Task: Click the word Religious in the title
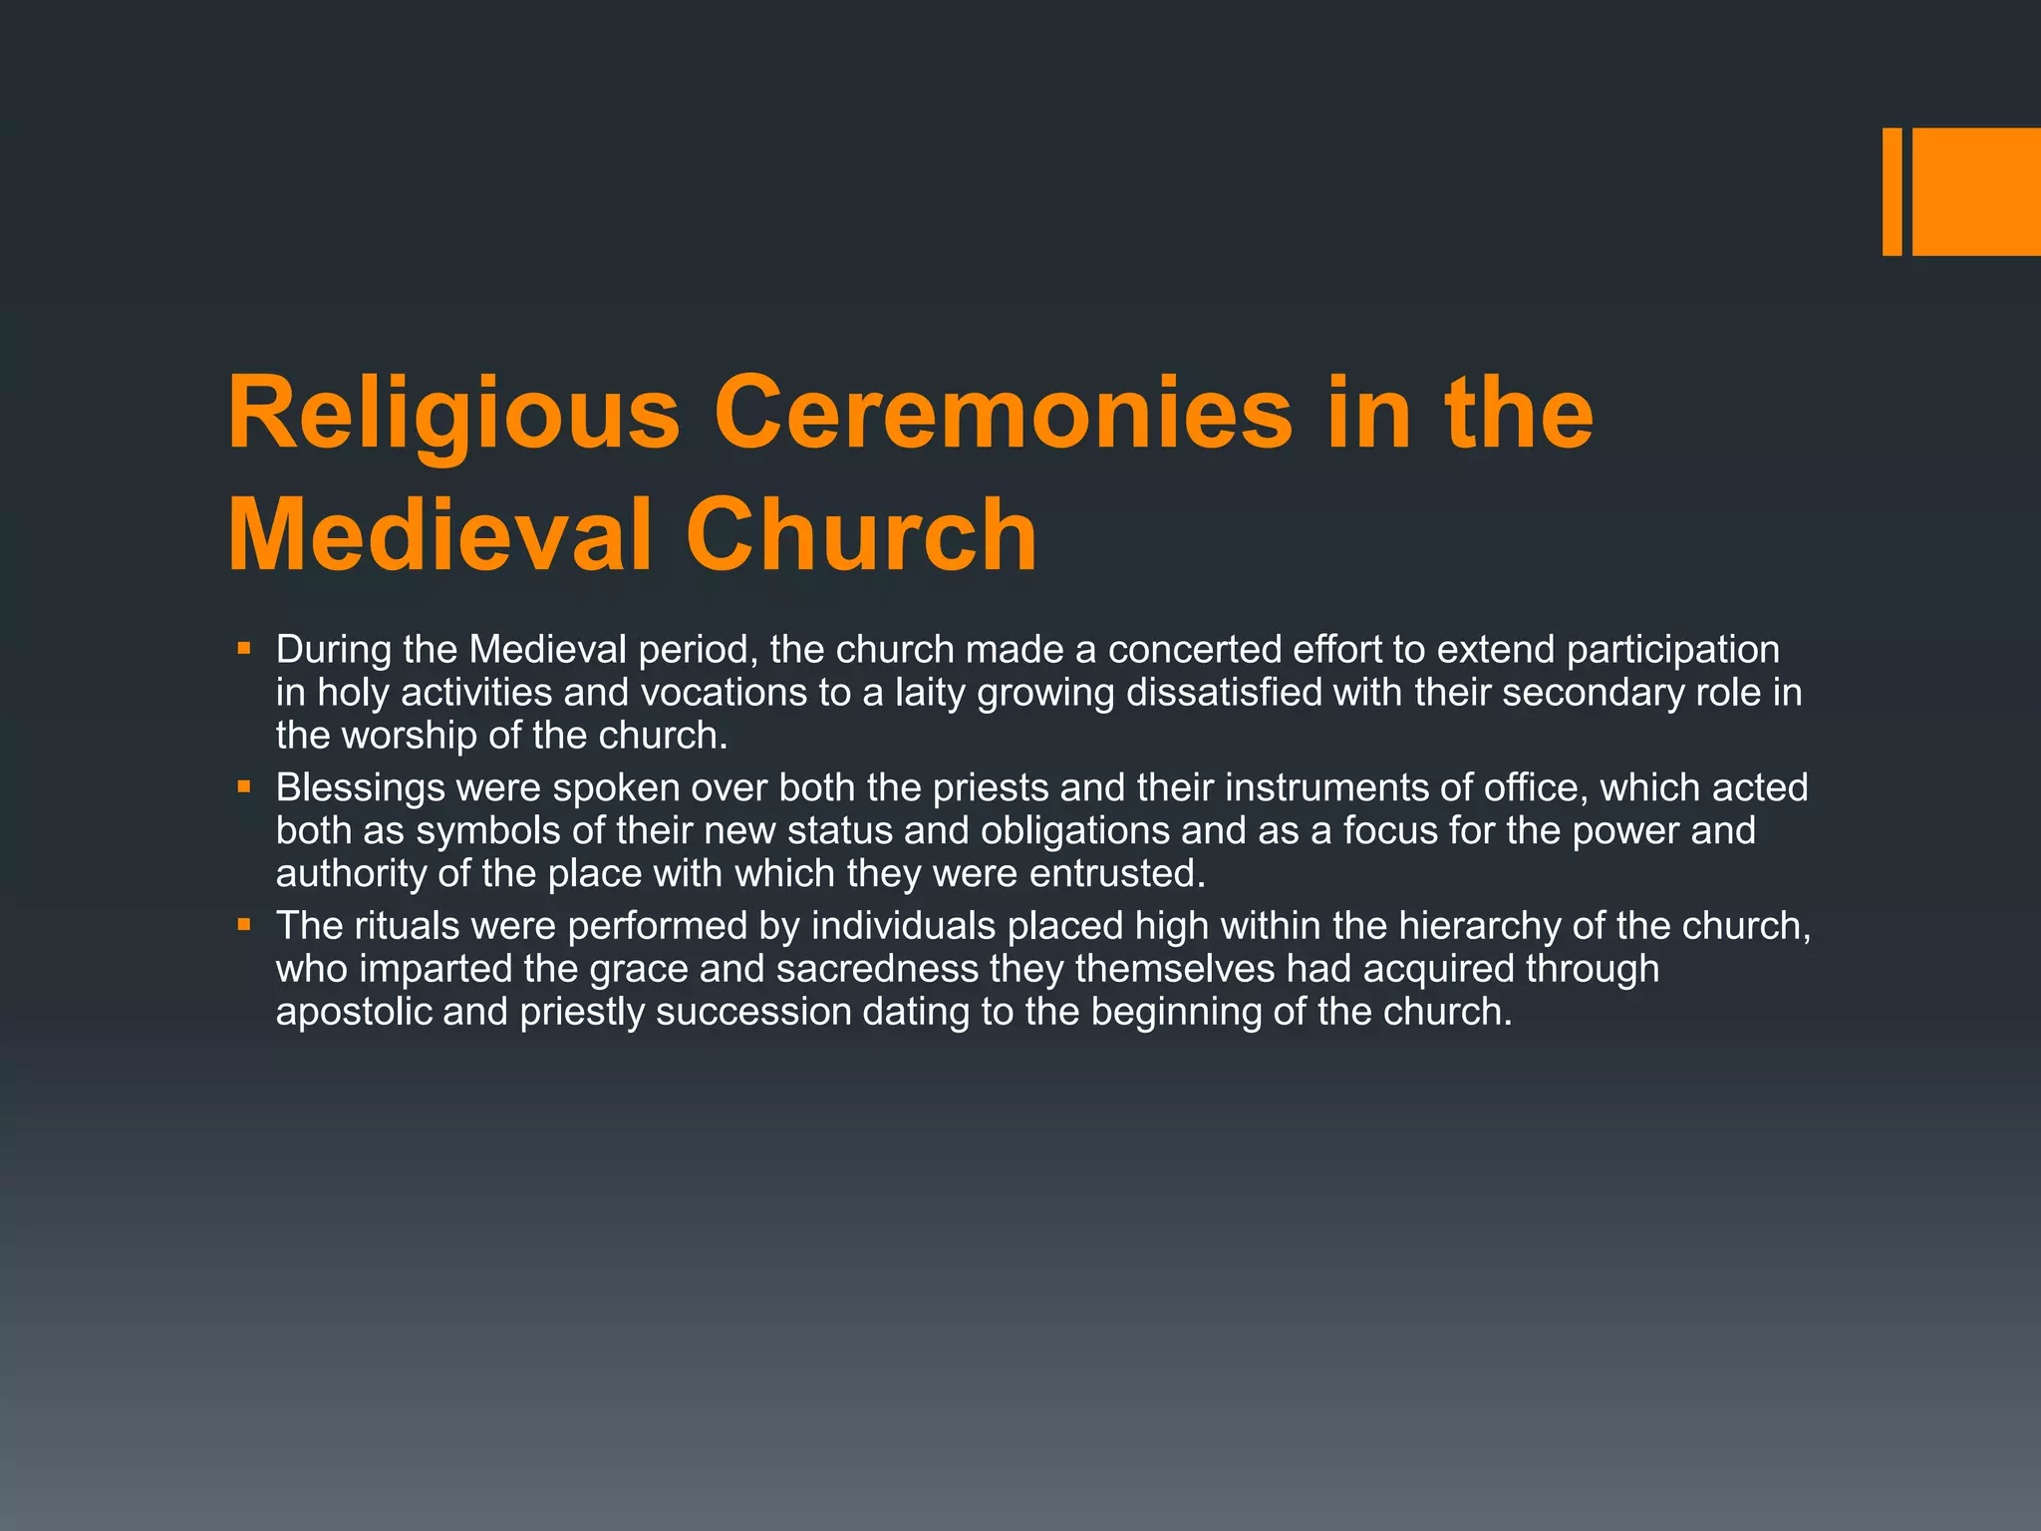click(x=453, y=414)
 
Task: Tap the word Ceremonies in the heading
click(x=1003, y=414)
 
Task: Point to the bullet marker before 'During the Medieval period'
click(x=244, y=649)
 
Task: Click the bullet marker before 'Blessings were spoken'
click(x=244, y=787)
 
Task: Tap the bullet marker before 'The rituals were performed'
click(x=244, y=925)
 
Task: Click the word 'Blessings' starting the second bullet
click(x=360, y=788)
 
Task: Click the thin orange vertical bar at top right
click(x=1892, y=191)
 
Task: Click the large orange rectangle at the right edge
click(x=1976, y=191)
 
